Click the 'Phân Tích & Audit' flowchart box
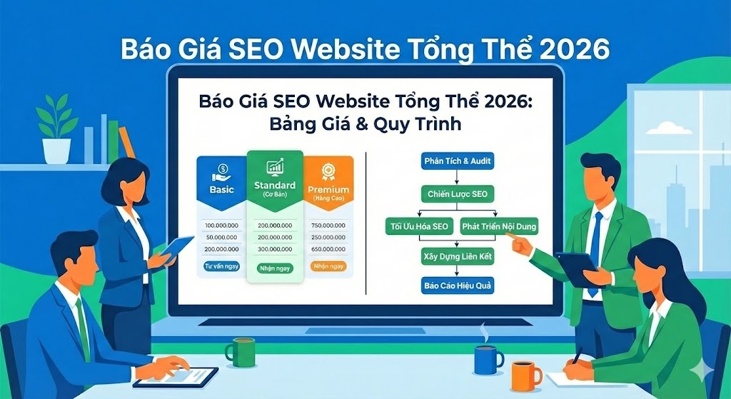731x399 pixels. [458, 161]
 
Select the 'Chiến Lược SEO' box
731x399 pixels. [458, 193]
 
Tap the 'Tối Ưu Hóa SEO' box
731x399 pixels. [418, 226]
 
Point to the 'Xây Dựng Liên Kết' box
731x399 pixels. [458, 255]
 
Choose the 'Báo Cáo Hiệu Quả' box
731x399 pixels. [458, 286]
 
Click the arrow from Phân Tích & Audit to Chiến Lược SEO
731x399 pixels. [458, 177]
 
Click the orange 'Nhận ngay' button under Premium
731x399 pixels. [328, 266]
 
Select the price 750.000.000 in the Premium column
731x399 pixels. [328, 226]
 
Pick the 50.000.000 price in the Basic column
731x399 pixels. [221, 237]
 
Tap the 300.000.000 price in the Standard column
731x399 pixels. [275, 248]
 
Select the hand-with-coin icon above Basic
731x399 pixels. [221, 173]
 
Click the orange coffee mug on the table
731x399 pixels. [525, 375]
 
